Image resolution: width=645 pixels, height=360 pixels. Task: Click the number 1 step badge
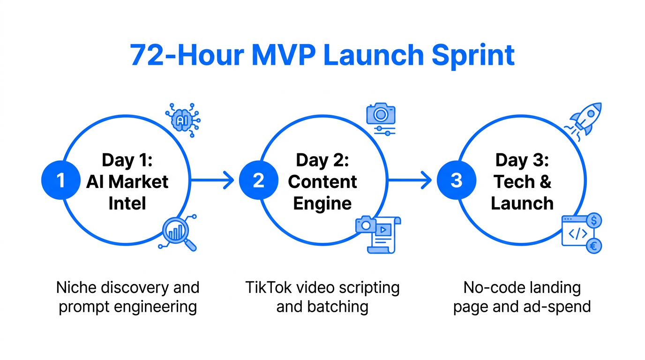[61, 180]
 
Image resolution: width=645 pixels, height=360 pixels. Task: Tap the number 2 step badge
[259, 180]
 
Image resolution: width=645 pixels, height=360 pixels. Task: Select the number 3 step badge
[457, 180]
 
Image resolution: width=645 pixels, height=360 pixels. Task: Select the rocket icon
[584, 119]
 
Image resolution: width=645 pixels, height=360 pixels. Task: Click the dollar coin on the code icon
[594, 220]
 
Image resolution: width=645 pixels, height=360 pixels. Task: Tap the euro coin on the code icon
[594, 246]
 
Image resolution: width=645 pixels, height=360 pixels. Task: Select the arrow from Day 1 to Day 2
[212, 180]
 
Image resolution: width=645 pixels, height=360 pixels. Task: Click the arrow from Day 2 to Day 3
[410, 180]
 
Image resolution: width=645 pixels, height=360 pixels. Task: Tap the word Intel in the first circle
[127, 203]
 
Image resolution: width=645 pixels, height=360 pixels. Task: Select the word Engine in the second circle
[322, 203]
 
